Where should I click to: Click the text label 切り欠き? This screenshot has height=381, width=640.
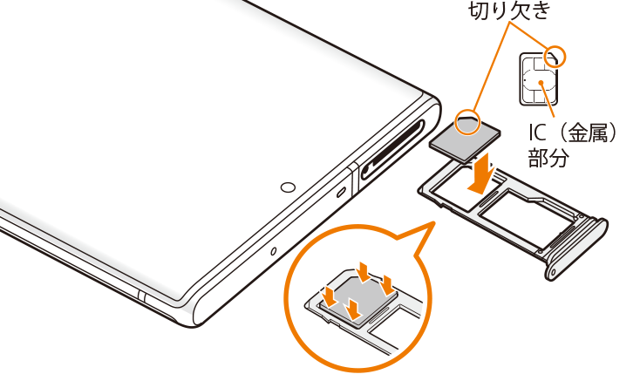click(x=509, y=10)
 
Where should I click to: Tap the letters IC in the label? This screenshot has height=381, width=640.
click(x=537, y=133)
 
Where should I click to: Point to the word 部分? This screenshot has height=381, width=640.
click(x=548, y=157)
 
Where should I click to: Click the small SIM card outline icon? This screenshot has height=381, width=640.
click(x=539, y=79)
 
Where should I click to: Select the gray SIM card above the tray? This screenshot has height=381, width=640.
click(x=466, y=137)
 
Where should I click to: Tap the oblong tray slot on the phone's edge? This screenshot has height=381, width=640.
click(x=392, y=149)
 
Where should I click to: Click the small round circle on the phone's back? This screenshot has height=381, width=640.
click(x=288, y=187)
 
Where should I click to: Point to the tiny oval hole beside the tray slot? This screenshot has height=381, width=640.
click(x=341, y=191)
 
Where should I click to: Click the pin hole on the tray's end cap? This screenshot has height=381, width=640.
click(x=553, y=272)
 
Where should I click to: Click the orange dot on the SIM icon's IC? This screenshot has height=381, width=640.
click(x=541, y=83)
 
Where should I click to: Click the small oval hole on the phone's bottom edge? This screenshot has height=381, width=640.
click(x=274, y=251)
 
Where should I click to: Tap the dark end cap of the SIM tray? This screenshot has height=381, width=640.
click(x=577, y=248)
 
